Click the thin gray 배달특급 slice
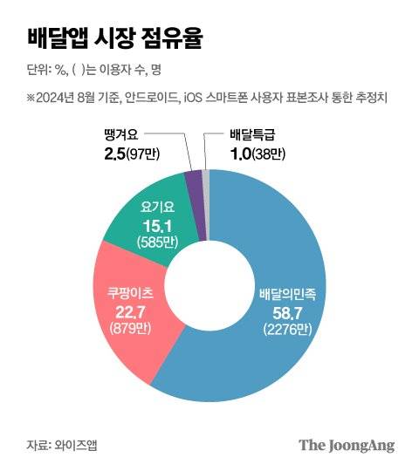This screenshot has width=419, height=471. [206, 179]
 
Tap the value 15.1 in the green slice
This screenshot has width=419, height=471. [156, 226]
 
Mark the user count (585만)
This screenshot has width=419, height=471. [156, 242]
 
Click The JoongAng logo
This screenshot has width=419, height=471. [347, 445]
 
